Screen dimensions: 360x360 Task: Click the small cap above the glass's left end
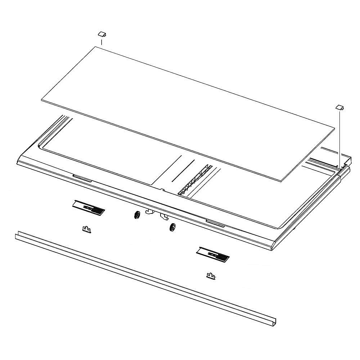[102, 34]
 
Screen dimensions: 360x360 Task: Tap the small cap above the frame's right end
[340, 107]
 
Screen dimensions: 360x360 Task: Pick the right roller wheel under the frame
[172, 228]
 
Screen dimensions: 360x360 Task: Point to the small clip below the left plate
[86, 229]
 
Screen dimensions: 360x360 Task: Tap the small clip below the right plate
[211, 276]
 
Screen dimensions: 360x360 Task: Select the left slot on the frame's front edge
[82, 177]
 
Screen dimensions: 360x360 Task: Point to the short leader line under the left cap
[102, 42]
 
